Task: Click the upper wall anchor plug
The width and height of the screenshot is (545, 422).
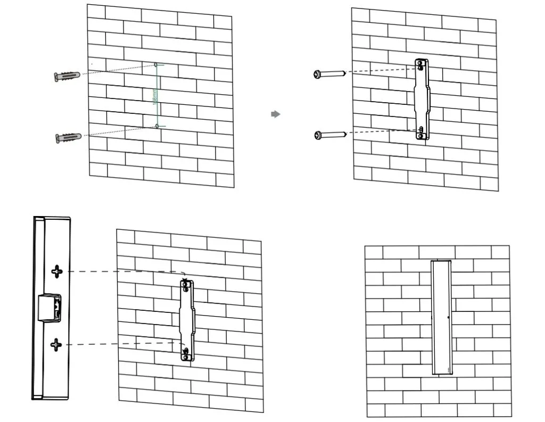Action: pyautogui.click(x=67, y=76)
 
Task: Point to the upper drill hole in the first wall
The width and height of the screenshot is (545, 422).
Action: pyautogui.click(x=156, y=65)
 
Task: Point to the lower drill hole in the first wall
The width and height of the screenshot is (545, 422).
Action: pyautogui.click(x=157, y=126)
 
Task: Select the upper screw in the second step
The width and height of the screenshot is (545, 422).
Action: pyautogui.click(x=330, y=74)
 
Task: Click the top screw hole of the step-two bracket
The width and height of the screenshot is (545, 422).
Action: pyautogui.click(x=422, y=67)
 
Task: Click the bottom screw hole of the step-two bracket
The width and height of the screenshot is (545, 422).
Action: pyautogui.click(x=422, y=129)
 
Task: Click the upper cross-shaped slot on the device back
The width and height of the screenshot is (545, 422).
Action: pyautogui.click(x=57, y=271)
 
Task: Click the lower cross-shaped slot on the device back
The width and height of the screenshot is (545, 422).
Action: pyautogui.click(x=56, y=345)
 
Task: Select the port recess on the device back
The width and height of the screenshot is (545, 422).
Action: pyautogui.click(x=49, y=308)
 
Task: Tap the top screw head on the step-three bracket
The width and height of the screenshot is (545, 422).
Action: pyautogui.click(x=185, y=286)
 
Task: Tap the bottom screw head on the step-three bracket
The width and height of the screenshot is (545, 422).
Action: pyautogui.click(x=185, y=351)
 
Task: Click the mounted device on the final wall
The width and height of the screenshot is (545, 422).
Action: pyautogui.click(x=441, y=317)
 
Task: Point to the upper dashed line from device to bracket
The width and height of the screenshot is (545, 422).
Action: pyautogui.click(x=122, y=271)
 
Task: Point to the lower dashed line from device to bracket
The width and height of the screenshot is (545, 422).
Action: pyautogui.click(x=122, y=344)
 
